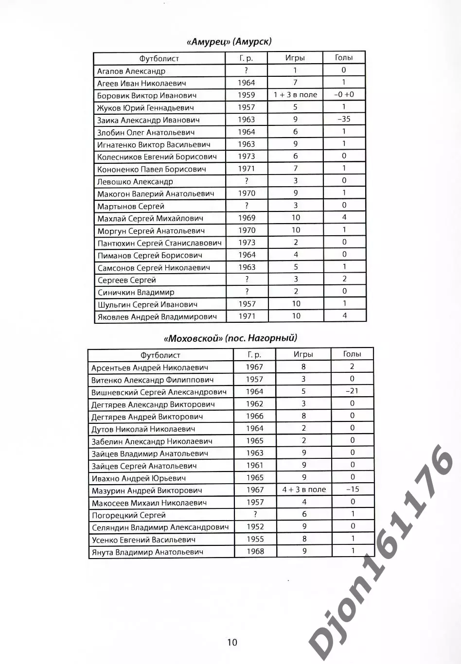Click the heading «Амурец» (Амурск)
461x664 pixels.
coord(229,41)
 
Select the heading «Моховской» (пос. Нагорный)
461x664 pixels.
coord(230,338)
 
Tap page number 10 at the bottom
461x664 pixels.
coord(232,642)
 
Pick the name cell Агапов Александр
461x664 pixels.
coord(131,71)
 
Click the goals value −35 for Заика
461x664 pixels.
coord(343,119)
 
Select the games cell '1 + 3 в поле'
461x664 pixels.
coord(295,95)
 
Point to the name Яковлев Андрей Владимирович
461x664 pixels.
coord(157,316)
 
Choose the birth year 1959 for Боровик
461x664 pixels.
coord(246,95)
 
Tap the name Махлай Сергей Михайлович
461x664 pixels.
coord(150,218)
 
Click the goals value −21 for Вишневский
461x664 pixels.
coord(352,391)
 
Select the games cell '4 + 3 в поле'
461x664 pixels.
coord(304,489)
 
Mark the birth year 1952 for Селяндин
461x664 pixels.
coord(255,526)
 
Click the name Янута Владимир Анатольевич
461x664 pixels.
coord(147,552)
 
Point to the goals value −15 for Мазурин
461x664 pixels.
coord(353,489)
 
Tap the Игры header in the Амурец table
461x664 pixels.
coord(295,58)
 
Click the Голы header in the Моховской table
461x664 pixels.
coord(352,354)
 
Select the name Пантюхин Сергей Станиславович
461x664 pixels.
coord(160,243)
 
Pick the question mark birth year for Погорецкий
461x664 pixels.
coord(255,514)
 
